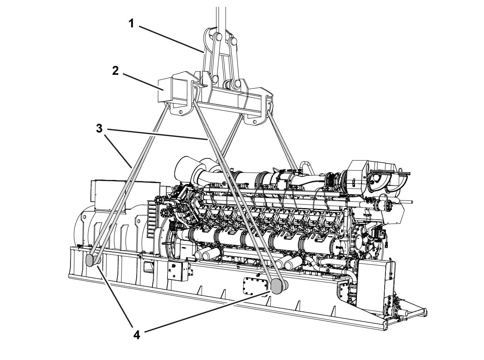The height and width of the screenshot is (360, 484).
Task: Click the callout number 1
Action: click(131, 24)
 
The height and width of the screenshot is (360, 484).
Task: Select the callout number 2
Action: click(115, 71)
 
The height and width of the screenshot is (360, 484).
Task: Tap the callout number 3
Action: click(99, 128)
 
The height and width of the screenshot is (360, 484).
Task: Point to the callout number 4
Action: click(137, 335)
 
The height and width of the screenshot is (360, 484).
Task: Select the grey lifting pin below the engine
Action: click(277, 286)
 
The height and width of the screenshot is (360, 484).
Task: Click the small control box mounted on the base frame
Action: click(179, 271)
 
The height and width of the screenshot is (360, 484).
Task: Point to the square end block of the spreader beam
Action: click(165, 90)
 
